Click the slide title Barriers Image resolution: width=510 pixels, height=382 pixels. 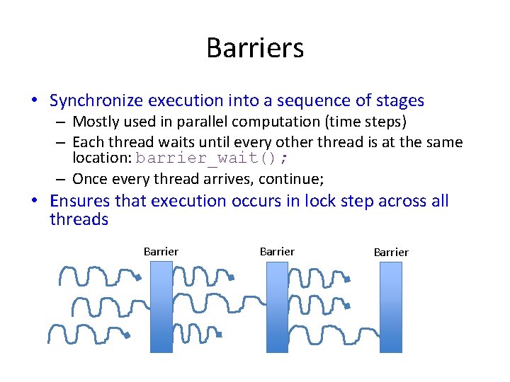point(255,49)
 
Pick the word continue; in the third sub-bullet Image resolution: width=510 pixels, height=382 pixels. point(294,178)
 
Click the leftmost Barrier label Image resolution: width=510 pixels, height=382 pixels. point(161,251)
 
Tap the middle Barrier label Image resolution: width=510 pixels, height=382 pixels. point(277,251)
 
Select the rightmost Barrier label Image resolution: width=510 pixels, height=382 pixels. point(391,252)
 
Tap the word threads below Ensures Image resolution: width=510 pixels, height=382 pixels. point(79,219)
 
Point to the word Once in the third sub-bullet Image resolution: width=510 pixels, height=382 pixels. point(89,178)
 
